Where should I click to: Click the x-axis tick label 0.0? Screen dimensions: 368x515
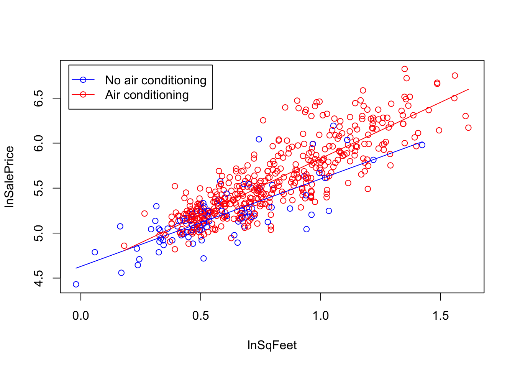80,316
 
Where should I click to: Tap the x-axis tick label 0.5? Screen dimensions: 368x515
200,316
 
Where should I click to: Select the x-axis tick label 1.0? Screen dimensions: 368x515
320,316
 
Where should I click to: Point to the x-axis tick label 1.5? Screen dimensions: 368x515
440,316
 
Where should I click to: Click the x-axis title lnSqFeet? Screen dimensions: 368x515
272,345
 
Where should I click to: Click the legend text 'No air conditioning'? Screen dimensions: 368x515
156,80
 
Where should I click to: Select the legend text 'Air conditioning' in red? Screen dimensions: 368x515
147,95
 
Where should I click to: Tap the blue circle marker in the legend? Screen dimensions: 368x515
83,80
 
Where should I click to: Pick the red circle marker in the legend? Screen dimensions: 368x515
83,94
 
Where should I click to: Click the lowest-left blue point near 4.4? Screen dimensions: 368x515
76,284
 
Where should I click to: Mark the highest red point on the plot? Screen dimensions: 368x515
405,69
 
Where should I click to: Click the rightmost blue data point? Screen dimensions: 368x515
422,145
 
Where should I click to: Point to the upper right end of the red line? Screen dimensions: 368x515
468,89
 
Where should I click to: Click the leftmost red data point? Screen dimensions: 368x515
124,246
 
